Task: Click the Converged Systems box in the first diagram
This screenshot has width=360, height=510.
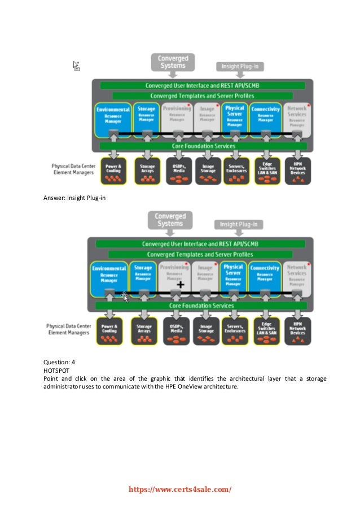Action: coord(172,62)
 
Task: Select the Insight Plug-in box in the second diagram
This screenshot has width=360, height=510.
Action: coord(241,224)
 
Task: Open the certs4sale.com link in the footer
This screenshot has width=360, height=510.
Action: coord(181,490)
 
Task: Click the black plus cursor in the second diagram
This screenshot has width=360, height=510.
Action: coord(180,285)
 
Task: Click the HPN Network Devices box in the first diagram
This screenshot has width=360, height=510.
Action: coord(296,171)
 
